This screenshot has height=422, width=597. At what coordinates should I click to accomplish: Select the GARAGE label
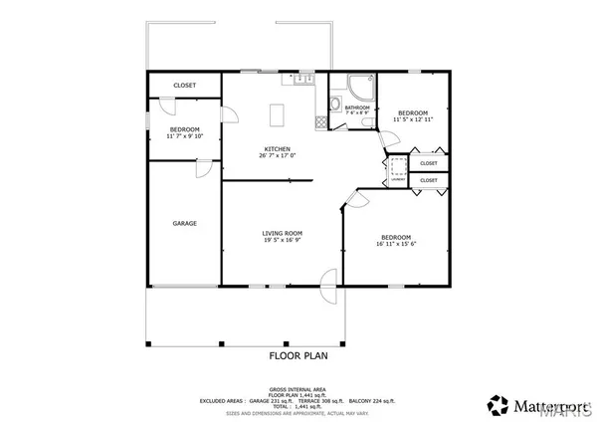tap(184, 223)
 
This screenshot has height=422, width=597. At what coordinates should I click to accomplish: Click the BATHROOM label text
tap(357, 106)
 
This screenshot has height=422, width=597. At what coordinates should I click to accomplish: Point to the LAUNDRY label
tap(398, 180)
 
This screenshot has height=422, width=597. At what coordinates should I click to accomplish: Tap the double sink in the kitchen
tap(303, 78)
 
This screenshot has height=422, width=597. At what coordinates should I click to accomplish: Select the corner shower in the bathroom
tap(362, 85)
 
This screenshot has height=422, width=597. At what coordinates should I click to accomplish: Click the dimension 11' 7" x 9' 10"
tap(184, 137)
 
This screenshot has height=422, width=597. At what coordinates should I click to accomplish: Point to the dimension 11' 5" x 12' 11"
tap(414, 119)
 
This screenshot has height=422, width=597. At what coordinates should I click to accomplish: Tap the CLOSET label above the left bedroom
tap(184, 86)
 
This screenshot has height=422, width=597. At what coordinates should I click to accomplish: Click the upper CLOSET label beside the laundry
tap(429, 163)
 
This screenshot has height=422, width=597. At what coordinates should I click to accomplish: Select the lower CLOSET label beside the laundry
tap(429, 180)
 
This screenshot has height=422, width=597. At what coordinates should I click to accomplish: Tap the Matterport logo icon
tap(496, 404)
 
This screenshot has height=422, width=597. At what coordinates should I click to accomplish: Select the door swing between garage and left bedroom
tap(205, 168)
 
